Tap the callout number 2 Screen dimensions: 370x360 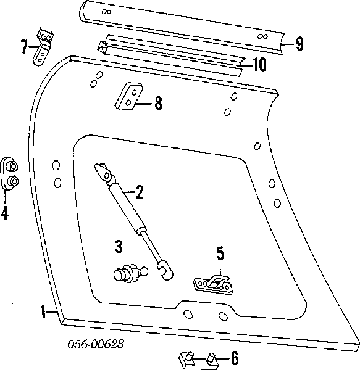139,193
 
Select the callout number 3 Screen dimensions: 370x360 120,249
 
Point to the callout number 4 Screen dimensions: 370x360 5,213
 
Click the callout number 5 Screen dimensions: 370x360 219,253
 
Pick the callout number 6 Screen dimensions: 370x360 234,357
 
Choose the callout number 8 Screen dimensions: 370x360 158,103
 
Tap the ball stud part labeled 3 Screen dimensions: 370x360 128,272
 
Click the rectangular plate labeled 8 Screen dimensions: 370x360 129,95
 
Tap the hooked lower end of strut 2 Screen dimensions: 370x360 165,270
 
